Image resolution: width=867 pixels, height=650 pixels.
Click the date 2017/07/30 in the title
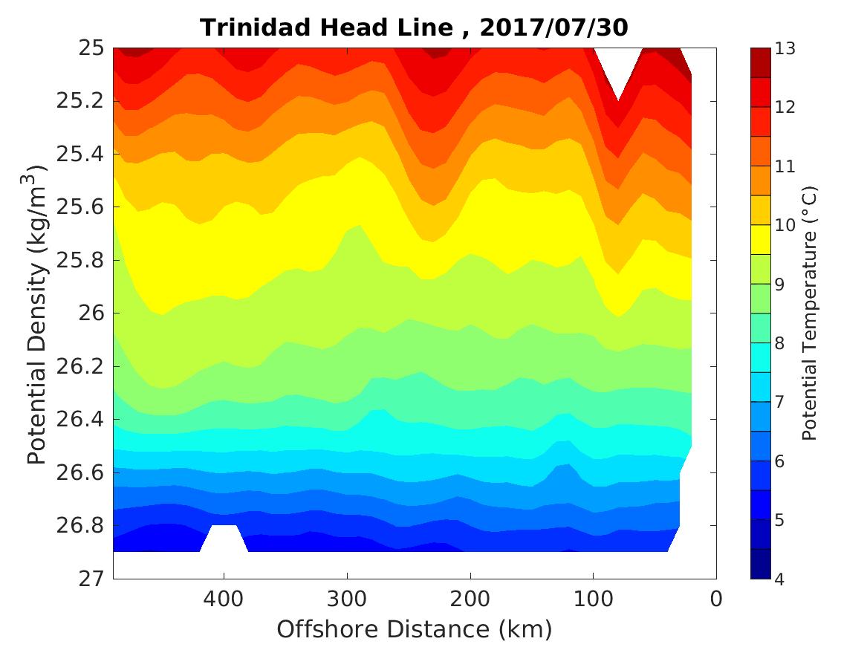554,27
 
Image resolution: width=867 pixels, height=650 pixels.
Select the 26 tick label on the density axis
90,313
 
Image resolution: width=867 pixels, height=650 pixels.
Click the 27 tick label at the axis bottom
90,579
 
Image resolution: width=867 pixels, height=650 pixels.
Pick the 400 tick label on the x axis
224,598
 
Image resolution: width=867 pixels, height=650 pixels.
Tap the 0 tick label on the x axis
716,598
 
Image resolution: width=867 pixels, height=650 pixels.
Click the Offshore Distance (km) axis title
415,630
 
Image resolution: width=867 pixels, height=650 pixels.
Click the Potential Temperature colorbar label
811,313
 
